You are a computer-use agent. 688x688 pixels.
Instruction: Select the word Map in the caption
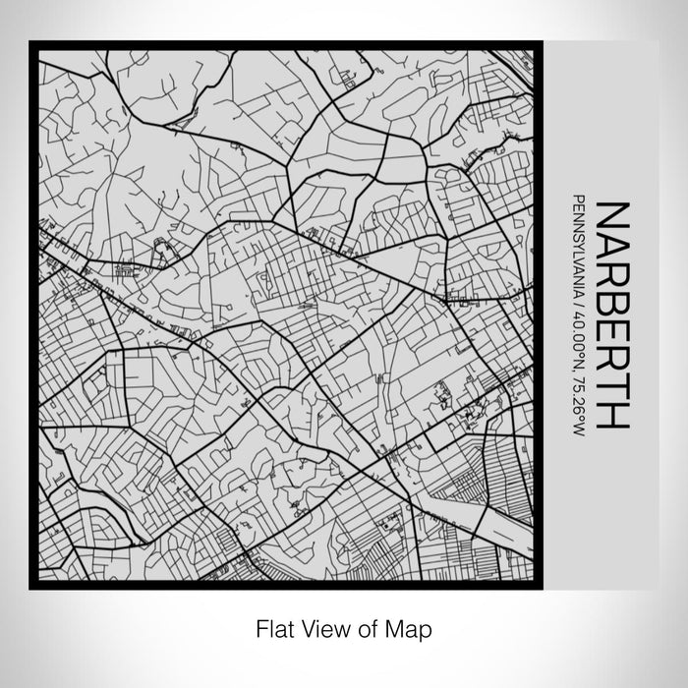(x=407, y=627)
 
